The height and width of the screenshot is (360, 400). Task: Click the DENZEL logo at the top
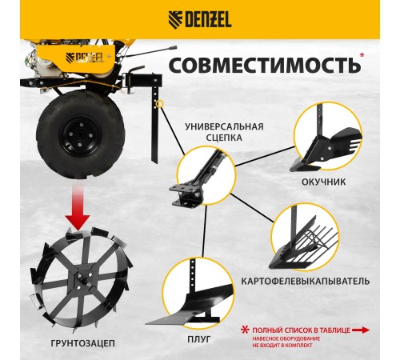click(200, 18)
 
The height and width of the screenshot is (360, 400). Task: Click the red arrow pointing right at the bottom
click(361, 329)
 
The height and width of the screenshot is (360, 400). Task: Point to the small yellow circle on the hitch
click(161, 103)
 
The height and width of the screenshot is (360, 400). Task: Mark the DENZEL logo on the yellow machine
click(84, 57)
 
